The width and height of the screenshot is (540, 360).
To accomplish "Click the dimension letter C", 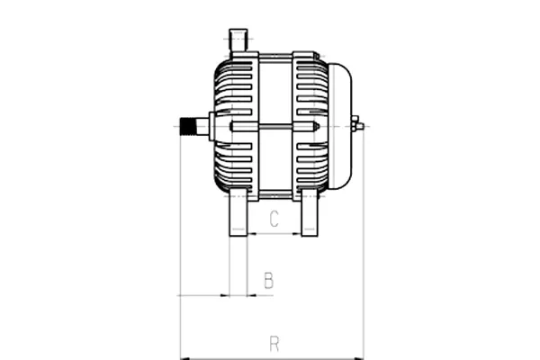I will [274, 219].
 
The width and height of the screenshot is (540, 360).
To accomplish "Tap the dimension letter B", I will [268, 281].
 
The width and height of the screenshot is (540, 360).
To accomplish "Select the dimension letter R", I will [274, 343].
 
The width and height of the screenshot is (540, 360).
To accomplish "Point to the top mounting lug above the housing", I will [238, 40].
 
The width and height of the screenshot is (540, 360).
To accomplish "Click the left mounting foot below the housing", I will [238, 214].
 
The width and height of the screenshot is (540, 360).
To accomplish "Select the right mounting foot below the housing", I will [310, 214].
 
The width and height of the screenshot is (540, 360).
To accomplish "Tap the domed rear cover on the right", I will [339, 126].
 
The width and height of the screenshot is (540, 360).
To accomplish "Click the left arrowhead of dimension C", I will [251, 234].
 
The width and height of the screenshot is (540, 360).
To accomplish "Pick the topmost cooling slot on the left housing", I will [237, 68].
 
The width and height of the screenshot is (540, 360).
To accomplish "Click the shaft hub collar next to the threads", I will [211, 126].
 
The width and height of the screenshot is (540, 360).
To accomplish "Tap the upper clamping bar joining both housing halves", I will [274, 57].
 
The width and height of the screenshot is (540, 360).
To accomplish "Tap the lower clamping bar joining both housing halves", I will [274, 194].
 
